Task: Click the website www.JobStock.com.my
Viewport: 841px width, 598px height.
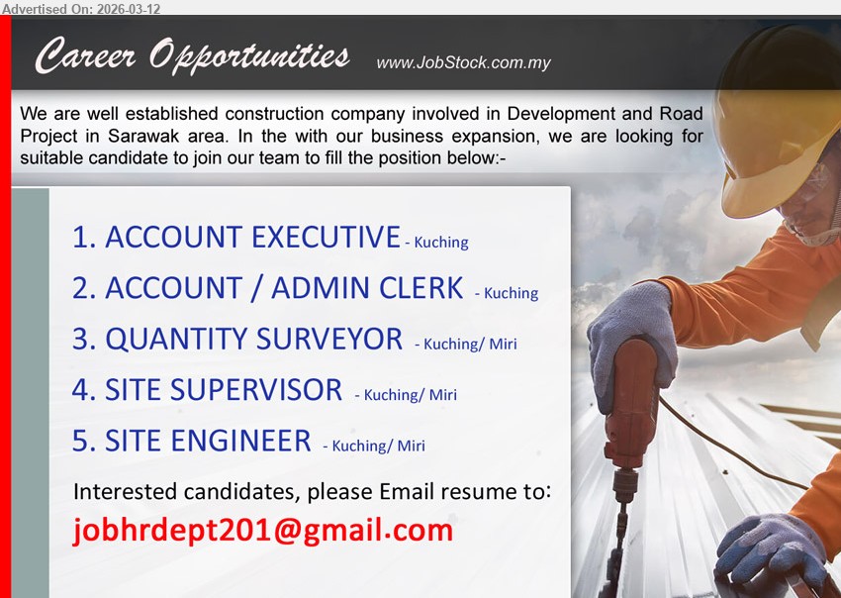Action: pos(463,63)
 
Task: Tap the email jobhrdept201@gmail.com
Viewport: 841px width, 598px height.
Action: pos(263,532)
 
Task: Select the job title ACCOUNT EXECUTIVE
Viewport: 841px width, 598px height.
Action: pos(252,238)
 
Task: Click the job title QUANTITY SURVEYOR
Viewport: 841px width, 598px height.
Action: pos(253,340)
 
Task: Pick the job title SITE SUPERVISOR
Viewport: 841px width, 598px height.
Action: pos(224,390)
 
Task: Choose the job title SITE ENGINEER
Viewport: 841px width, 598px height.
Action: pos(208,441)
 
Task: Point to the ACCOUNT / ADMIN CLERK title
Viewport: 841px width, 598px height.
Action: pos(284,288)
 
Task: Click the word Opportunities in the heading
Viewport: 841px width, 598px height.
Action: pos(249,55)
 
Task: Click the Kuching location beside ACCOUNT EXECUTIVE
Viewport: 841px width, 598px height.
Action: pos(441,243)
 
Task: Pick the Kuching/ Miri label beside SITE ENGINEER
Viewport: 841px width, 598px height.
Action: pos(379,447)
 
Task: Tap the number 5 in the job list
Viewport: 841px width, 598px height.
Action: pos(83,441)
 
